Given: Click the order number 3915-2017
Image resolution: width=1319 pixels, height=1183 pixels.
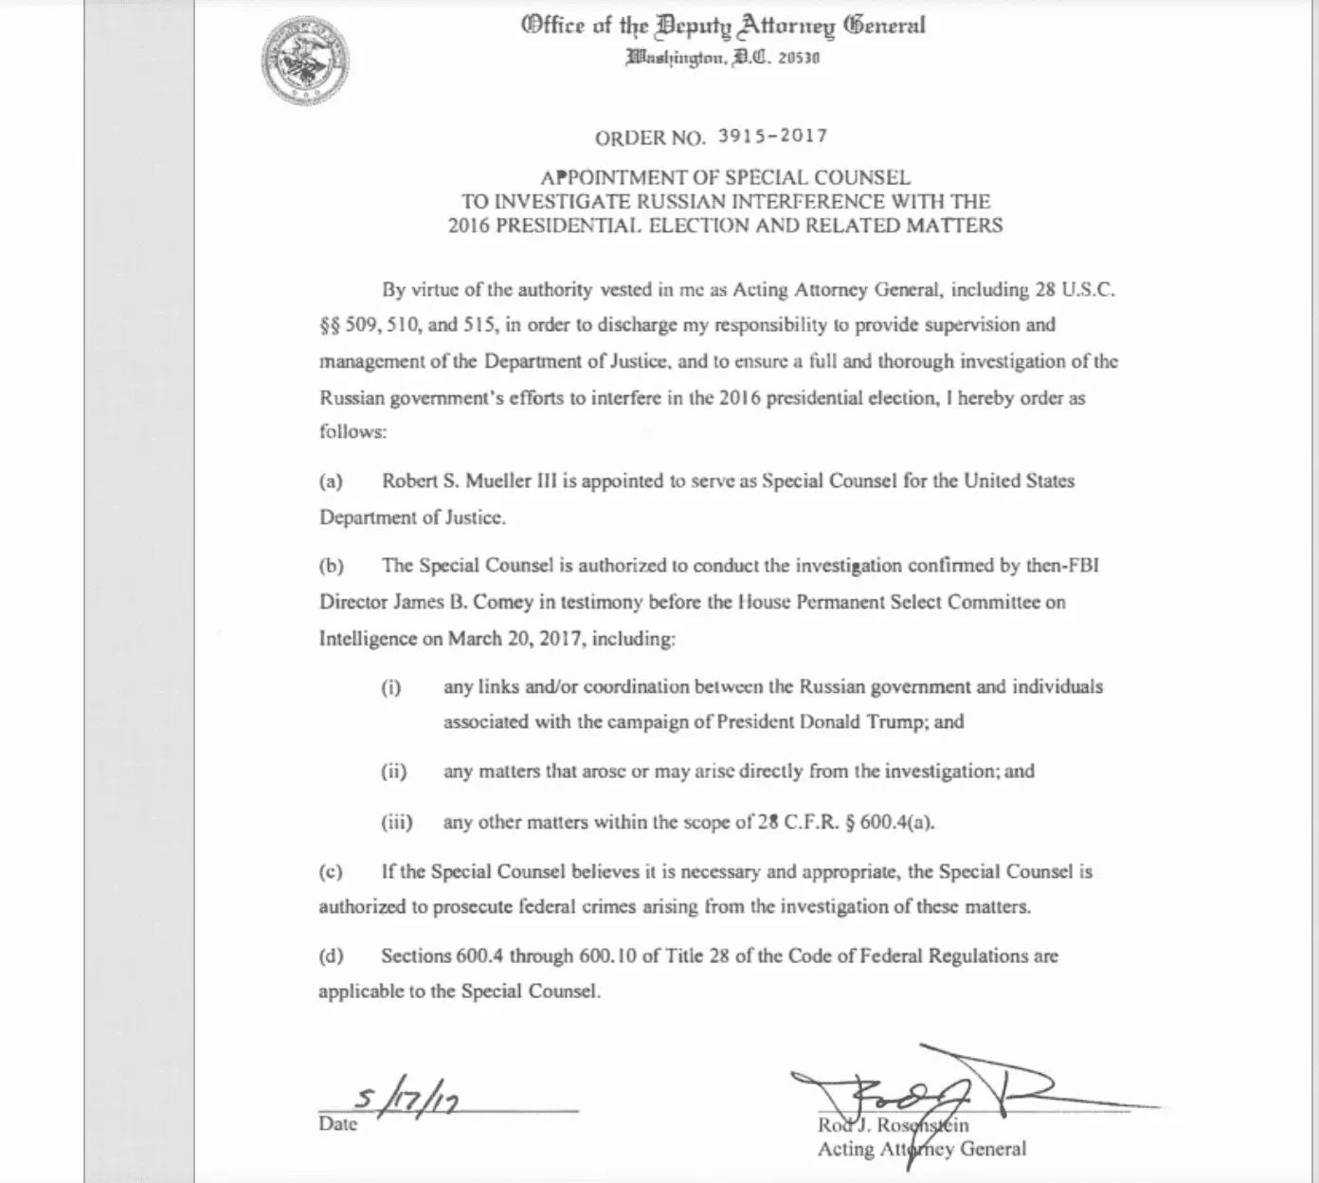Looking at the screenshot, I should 772,136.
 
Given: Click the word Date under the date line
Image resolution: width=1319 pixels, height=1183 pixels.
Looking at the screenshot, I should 338,1124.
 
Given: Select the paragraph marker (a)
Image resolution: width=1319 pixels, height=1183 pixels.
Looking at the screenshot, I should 331,481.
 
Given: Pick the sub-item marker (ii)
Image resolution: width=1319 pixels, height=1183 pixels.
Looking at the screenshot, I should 393,772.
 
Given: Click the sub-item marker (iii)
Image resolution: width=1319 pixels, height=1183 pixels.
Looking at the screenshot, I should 396,822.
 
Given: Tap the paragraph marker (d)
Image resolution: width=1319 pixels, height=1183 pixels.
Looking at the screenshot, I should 331,955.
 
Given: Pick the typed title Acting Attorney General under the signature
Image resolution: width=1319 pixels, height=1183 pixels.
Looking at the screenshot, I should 921,1149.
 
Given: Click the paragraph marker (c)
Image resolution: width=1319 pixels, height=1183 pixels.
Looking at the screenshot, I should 331,871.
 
